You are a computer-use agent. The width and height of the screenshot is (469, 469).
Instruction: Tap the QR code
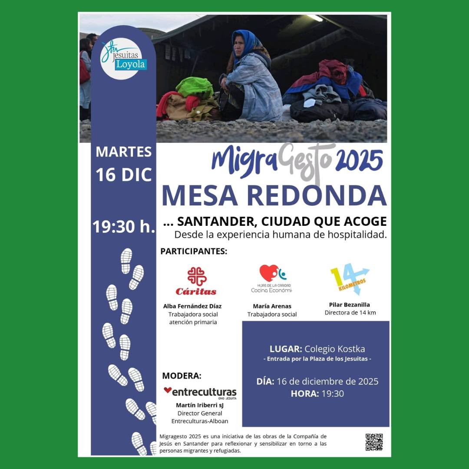coord(373,442)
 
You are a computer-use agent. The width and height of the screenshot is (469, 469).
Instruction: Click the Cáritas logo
coord(196,281)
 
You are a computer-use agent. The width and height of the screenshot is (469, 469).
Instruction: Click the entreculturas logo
coord(200,392)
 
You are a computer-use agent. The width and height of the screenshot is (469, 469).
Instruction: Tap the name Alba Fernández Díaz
coord(192,306)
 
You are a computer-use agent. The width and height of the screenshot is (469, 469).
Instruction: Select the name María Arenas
coord(272,306)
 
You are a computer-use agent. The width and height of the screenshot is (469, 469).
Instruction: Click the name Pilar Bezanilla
coord(350,304)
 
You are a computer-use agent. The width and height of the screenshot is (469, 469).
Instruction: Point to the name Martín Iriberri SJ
coord(200,405)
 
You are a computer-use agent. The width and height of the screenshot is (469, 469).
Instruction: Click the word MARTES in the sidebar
coord(123,152)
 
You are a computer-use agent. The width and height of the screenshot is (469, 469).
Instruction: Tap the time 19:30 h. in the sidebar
coord(124,227)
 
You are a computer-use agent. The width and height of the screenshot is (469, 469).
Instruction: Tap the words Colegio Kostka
coord(334,349)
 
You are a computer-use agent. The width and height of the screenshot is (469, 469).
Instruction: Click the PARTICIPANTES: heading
coord(194,251)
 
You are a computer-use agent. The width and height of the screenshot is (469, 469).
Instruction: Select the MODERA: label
coord(182,376)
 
